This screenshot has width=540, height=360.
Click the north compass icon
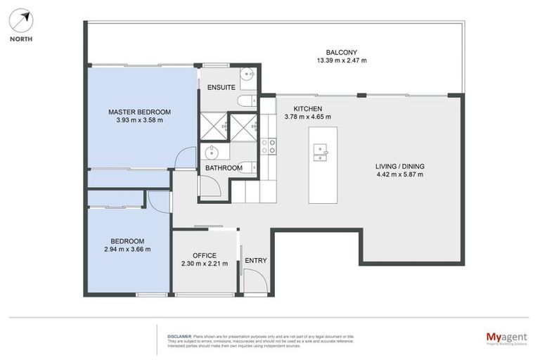point(21,20)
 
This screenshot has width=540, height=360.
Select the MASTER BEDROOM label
point(139,112)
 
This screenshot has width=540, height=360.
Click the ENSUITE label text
point(221,87)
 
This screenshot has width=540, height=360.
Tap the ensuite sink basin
point(247,74)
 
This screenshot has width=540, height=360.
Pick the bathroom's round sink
point(210,152)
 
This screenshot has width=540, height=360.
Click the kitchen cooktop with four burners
point(268,146)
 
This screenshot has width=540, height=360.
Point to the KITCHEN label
point(307,109)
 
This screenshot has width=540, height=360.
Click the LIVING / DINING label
point(399,167)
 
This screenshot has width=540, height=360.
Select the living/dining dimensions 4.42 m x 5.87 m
point(399,175)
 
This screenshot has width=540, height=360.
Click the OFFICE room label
point(204,255)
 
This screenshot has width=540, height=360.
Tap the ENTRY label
point(255,261)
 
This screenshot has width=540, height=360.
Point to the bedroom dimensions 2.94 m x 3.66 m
point(127,249)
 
